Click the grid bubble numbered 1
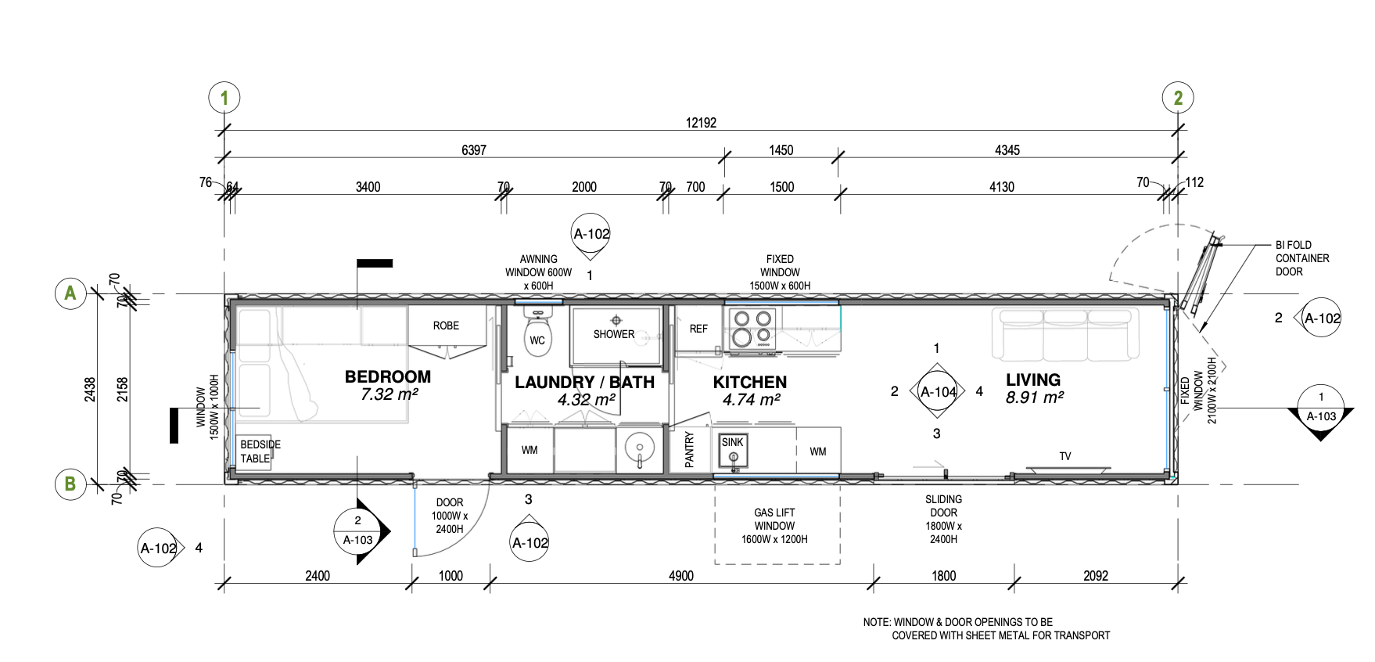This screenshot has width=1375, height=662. click(x=224, y=98)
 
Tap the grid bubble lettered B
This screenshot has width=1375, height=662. click(x=70, y=484)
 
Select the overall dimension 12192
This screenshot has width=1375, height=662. click(x=701, y=123)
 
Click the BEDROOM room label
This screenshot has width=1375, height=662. click(x=388, y=376)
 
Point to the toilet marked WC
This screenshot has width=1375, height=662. click(x=537, y=334)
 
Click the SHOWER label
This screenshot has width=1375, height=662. click(x=614, y=334)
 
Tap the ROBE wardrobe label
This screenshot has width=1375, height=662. click(x=446, y=326)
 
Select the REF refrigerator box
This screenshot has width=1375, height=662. click(x=698, y=329)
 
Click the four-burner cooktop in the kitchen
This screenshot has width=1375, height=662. click(x=752, y=329)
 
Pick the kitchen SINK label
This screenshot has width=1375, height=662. click(x=733, y=442)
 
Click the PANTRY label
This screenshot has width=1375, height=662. click(x=689, y=450)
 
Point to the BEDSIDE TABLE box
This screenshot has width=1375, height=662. click(x=255, y=452)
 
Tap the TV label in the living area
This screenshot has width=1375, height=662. click(x=1065, y=456)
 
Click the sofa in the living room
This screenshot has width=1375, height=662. click(x=1065, y=334)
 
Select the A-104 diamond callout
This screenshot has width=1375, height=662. click(x=938, y=392)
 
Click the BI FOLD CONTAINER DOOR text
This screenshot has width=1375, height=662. click(x=1302, y=258)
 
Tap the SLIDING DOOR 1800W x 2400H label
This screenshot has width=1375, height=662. click(x=944, y=519)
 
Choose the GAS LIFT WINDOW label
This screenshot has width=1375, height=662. click(x=774, y=526)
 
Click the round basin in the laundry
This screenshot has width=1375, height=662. click(x=640, y=449)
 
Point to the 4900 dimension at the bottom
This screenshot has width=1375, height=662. click(x=681, y=576)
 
